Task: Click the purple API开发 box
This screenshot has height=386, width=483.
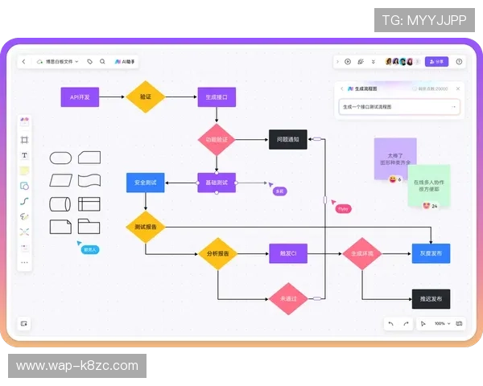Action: pyautogui.click(x=80, y=97)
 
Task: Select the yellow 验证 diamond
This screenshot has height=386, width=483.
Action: pyautogui.click(x=146, y=97)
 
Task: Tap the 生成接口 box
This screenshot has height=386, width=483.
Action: pyautogui.click(x=217, y=97)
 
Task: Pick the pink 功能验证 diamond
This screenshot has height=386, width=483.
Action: pyautogui.click(x=217, y=139)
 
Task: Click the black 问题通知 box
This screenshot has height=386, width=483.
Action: pyautogui.click(x=287, y=139)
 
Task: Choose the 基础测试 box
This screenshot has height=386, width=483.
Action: pyautogui.click(x=217, y=183)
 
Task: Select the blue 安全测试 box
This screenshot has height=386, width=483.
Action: pyautogui.click(x=146, y=183)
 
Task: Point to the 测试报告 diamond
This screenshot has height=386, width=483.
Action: pyautogui.click(x=146, y=227)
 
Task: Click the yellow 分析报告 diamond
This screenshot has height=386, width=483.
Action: pyautogui.click(x=217, y=254)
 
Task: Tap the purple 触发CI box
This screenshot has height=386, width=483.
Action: pyautogui.click(x=287, y=254)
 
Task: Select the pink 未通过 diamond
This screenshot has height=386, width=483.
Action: pyautogui.click(x=287, y=298)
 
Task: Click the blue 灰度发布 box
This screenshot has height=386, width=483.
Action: pyautogui.click(x=431, y=254)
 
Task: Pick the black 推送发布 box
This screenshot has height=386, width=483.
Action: pyautogui.click(x=431, y=298)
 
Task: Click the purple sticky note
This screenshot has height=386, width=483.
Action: pyautogui.click(x=394, y=157)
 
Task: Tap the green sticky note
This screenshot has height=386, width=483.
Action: pyautogui.click(x=428, y=185)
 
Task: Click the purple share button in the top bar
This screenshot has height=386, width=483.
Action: pyautogui.click(x=436, y=61)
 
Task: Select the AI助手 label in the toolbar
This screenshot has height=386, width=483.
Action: pyautogui.click(x=126, y=61)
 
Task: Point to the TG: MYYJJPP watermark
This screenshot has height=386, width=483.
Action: pyautogui.click(x=423, y=20)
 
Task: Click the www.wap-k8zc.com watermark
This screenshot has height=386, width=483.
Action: pyautogui.click(x=77, y=366)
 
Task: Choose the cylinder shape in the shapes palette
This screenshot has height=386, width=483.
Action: pyautogui.click(x=61, y=204)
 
